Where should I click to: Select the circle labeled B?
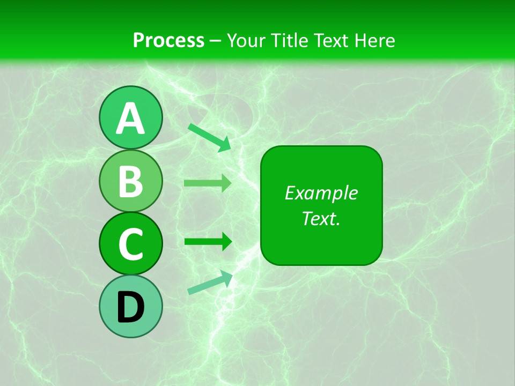[130, 181]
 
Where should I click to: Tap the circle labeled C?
[130, 244]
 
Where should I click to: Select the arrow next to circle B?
[208, 183]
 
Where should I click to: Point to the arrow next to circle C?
[208, 242]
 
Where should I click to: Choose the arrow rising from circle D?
[210, 283]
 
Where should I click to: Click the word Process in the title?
[168, 40]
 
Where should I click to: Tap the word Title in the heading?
[289, 40]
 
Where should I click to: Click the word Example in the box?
[321, 193]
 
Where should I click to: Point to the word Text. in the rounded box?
[321, 218]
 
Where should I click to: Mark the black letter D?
[130, 308]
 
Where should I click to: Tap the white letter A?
[130, 118]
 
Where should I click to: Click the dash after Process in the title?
[216, 41]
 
